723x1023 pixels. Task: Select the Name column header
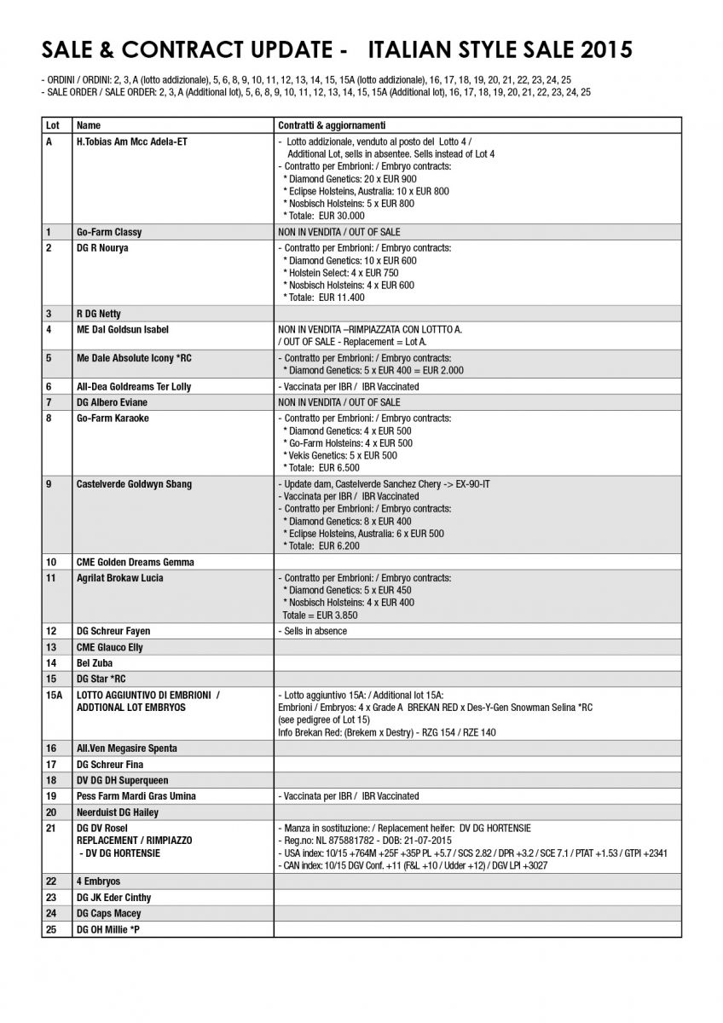(x=88, y=125)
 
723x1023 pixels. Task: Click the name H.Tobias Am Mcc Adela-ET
(x=132, y=142)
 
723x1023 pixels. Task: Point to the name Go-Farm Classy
(x=109, y=232)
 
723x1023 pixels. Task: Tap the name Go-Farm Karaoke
(x=113, y=419)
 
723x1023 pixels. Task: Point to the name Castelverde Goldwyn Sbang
(x=134, y=484)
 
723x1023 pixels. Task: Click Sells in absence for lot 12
(x=314, y=631)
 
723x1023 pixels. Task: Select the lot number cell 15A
(x=54, y=696)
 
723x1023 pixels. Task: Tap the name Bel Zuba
(x=94, y=662)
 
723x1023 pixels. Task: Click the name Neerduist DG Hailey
(x=118, y=812)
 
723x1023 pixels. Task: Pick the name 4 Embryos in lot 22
(x=98, y=881)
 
